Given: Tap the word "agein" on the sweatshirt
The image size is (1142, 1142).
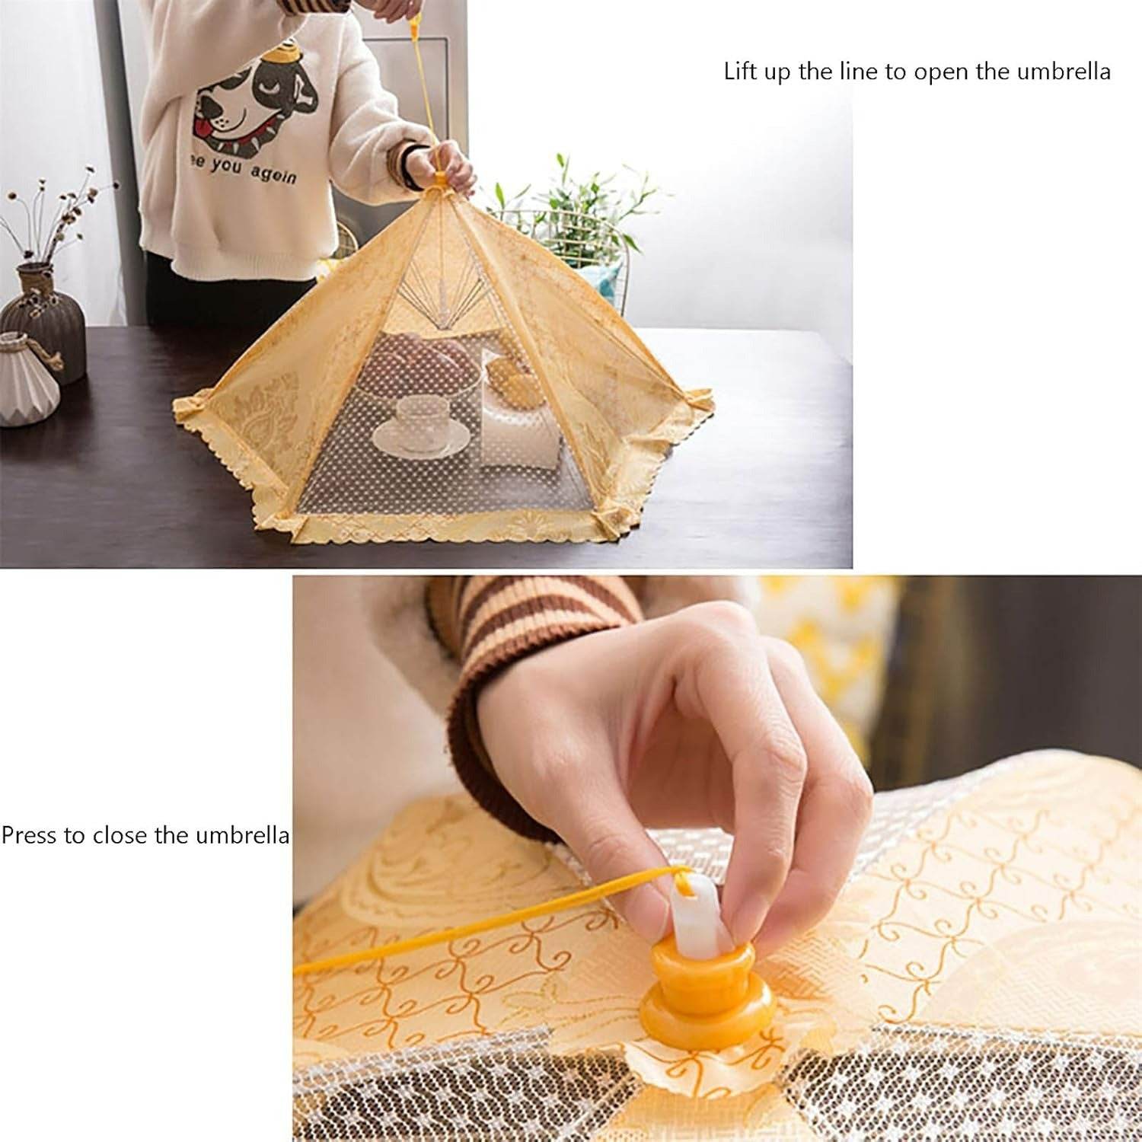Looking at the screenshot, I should (271, 175).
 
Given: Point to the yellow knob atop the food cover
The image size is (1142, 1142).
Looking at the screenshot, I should (440, 181).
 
